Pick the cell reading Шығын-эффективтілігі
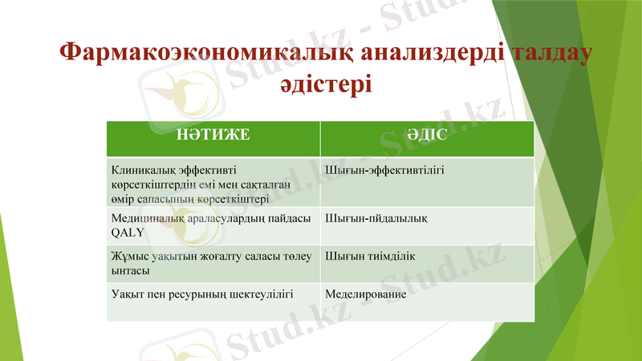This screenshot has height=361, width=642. click(385, 171)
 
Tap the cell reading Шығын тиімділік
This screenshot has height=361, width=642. click(370, 256)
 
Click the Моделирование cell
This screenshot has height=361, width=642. click(366, 294)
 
